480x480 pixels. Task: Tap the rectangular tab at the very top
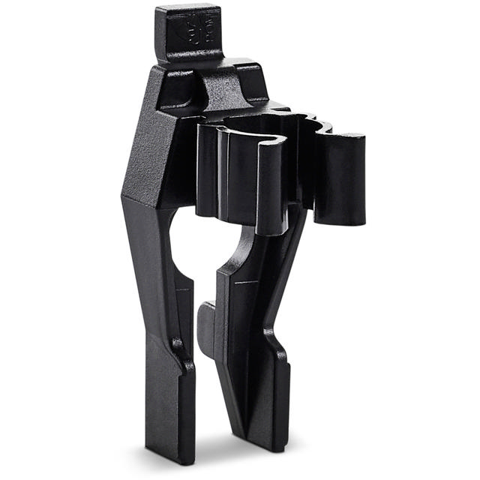188,34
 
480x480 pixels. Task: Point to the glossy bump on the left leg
177,346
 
